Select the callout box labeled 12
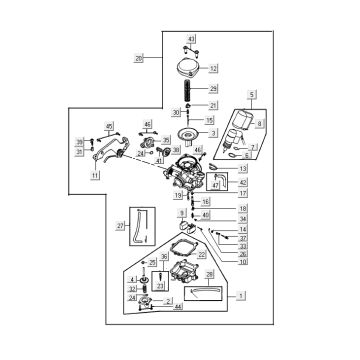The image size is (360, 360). click(213, 68)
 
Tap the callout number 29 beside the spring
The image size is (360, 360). click(213, 90)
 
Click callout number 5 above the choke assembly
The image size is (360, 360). click(253, 95)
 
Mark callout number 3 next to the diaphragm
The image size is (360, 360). click(212, 133)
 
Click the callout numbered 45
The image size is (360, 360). click(110, 126)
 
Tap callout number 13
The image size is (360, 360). click(242, 170)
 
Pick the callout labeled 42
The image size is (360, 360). click(242, 183)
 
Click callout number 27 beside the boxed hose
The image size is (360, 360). click(120, 226)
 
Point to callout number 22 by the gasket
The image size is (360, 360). click(202, 255)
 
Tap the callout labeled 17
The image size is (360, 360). click(242, 193)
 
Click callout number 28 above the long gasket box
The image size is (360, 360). click(209, 274)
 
